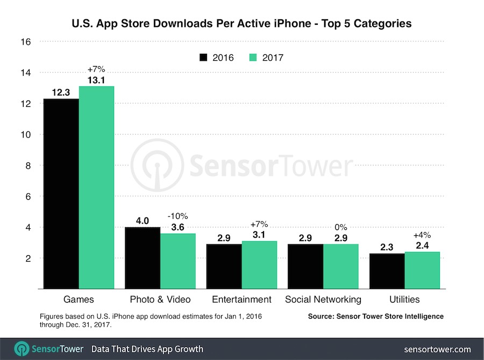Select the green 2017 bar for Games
click(96, 188)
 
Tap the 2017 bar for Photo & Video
click(178, 261)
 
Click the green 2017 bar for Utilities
click(422, 270)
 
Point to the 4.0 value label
click(143, 220)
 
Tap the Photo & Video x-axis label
click(161, 299)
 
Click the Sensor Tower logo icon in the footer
click(22, 349)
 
